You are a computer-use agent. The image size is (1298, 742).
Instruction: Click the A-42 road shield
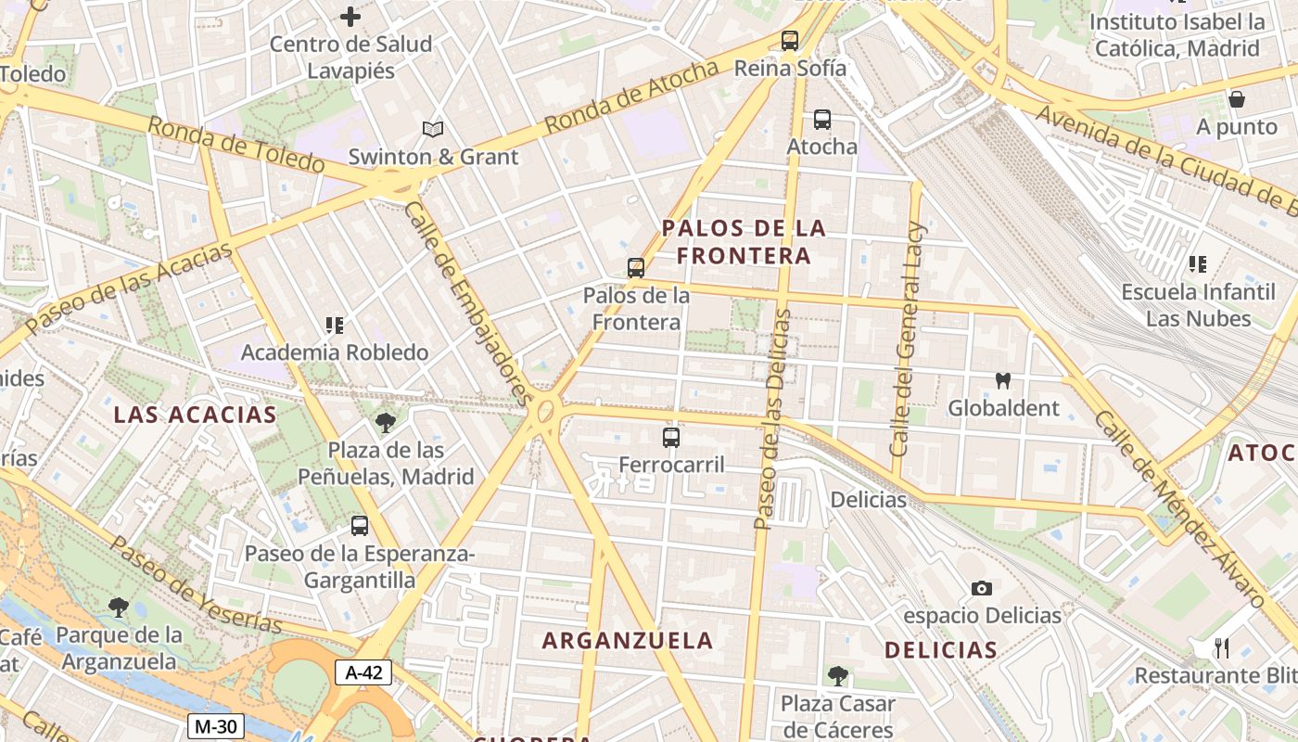click(x=363, y=672)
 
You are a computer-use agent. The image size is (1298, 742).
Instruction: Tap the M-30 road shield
click(x=215, y=725)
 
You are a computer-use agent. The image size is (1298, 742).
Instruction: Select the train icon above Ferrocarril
click(x=671, y=437)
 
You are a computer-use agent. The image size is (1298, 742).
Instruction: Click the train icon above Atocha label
click(x=821, y=119)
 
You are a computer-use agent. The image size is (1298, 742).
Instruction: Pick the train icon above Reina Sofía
click(x=789, y=40)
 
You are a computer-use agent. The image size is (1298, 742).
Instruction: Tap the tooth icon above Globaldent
click(x=1002, y=380)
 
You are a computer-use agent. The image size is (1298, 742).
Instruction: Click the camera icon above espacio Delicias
click(x=982, y=588)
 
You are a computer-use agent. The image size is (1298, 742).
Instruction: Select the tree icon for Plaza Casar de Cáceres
click(x=837, y=675)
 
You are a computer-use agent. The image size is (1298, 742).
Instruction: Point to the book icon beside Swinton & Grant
click(x=432, y=129)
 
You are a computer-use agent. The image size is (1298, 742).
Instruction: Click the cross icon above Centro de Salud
click(x=350, y=16)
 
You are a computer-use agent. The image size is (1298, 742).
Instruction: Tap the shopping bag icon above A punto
click(x=1236, y=99)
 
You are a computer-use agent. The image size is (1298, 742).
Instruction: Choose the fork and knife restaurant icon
click(x=1222, y=647)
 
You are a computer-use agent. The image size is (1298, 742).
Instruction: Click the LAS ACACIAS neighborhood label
click(x=195, y=415)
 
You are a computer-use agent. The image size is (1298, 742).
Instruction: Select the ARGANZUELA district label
click(x=628, y=640)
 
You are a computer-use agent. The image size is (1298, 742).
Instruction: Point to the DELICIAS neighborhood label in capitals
click(x=941, y=649)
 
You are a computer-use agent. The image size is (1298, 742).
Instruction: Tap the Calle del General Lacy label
click(x=908, y=339)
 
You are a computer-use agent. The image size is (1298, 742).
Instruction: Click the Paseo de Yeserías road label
click(x=196, y=583)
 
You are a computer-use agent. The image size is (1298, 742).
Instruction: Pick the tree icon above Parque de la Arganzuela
click(x=118, y=608)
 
